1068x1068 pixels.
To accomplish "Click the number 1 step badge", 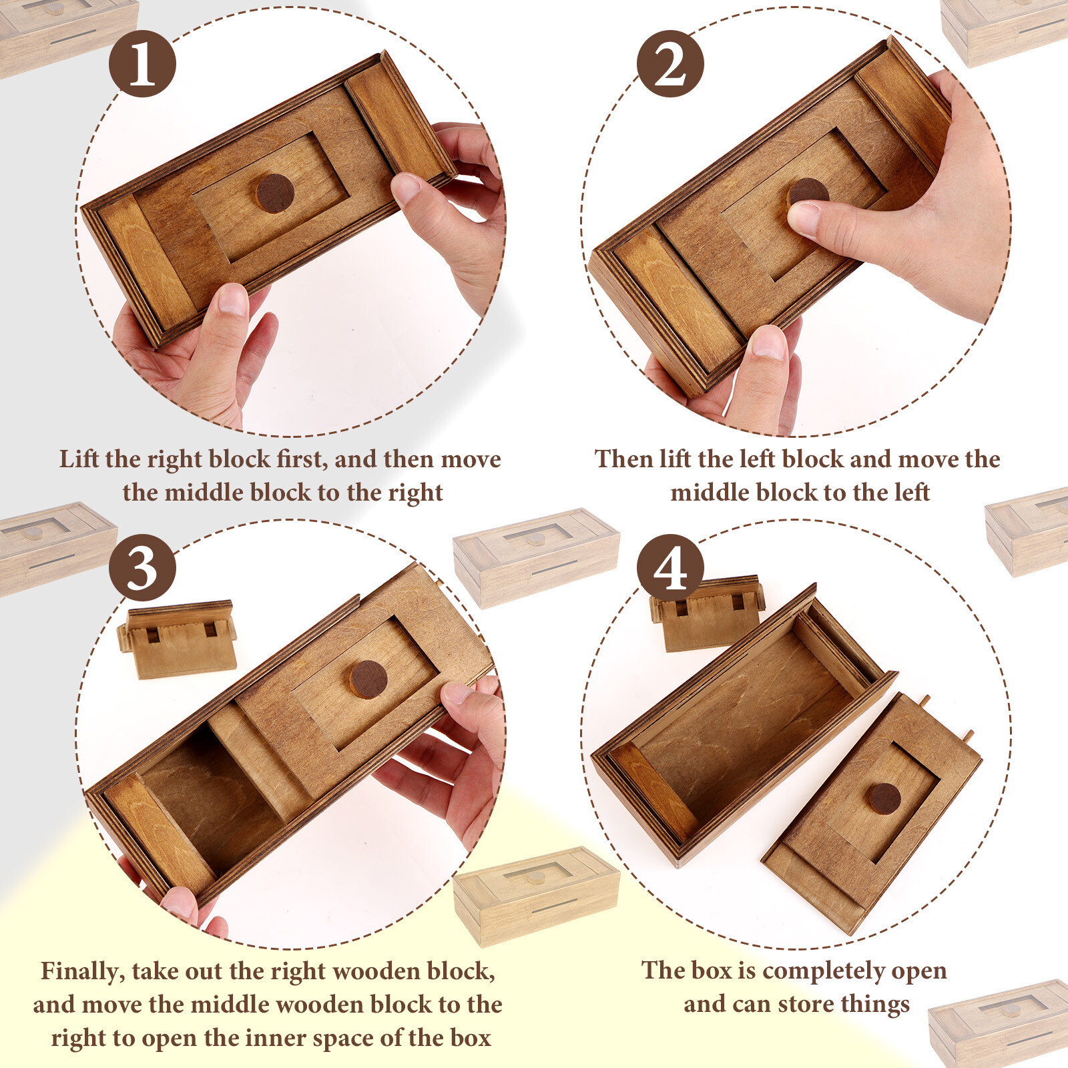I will (x=142, y=64).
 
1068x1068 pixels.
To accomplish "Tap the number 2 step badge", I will (x=670, y=64).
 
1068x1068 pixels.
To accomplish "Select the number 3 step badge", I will (x=142, y=568).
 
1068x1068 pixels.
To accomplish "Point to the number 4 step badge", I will (x=670, y=568).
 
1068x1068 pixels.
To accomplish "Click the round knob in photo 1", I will (x=275, y=193).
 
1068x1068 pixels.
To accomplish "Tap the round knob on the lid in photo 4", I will (x=884, y=798).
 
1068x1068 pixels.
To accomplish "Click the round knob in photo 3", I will (x=368, y=680).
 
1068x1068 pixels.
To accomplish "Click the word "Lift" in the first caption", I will (x=79, y=459).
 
